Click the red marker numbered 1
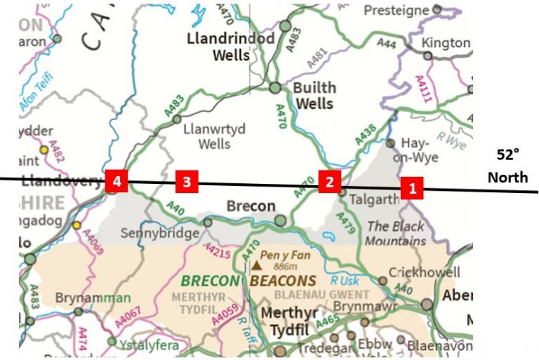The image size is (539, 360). [412, 188]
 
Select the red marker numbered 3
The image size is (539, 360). [186, 182]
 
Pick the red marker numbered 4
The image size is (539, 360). [116, 182]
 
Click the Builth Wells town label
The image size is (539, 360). [314, 95]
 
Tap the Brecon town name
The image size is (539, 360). [249, 208]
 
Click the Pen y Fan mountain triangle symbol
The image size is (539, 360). [258, 266]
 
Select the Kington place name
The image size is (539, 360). [446, 43]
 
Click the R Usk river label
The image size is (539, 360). [345, 279]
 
